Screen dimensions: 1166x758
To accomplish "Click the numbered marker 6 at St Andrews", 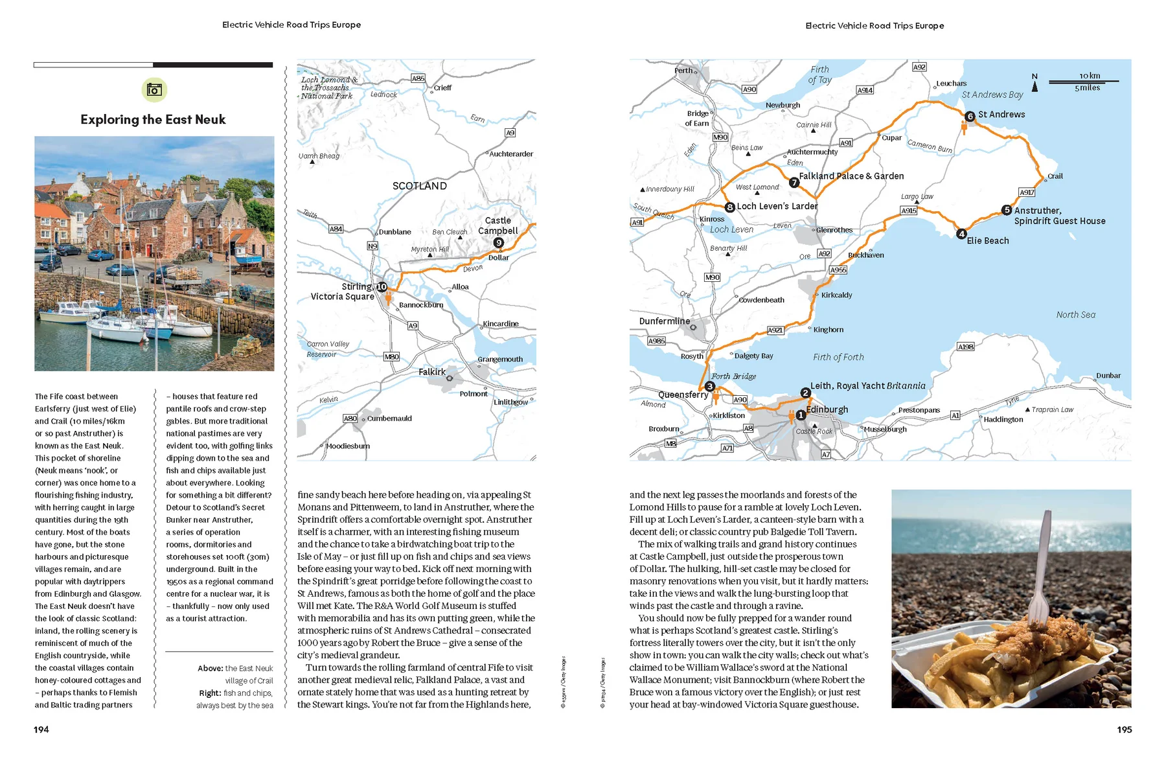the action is (970, 117).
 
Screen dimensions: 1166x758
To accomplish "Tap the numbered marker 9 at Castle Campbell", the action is (498, 243).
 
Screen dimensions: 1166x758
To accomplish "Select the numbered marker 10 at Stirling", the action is (382, 287).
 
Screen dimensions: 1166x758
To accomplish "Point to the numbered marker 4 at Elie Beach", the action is (962, 235).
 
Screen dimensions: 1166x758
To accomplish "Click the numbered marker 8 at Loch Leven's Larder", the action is (730, 207).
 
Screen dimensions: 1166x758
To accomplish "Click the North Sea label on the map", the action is (1075, 315).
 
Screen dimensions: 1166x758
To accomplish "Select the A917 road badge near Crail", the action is (1027, 192).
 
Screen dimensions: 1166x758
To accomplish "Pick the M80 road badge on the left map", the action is (392, 357).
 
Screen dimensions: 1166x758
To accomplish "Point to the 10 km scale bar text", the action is (1090, 76).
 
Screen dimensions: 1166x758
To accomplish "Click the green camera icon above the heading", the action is (154, 90).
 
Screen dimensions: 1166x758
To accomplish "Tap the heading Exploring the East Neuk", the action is (153, 120).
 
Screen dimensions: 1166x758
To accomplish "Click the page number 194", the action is (41, 729).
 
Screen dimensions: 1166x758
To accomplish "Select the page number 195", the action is (1124, 729).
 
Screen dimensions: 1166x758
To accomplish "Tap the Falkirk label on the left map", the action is (431, 372).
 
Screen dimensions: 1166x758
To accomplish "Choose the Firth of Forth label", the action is (838, 357).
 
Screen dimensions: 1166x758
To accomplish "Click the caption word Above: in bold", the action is (211, 669).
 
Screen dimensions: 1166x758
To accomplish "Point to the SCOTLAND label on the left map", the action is (420, 186).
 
